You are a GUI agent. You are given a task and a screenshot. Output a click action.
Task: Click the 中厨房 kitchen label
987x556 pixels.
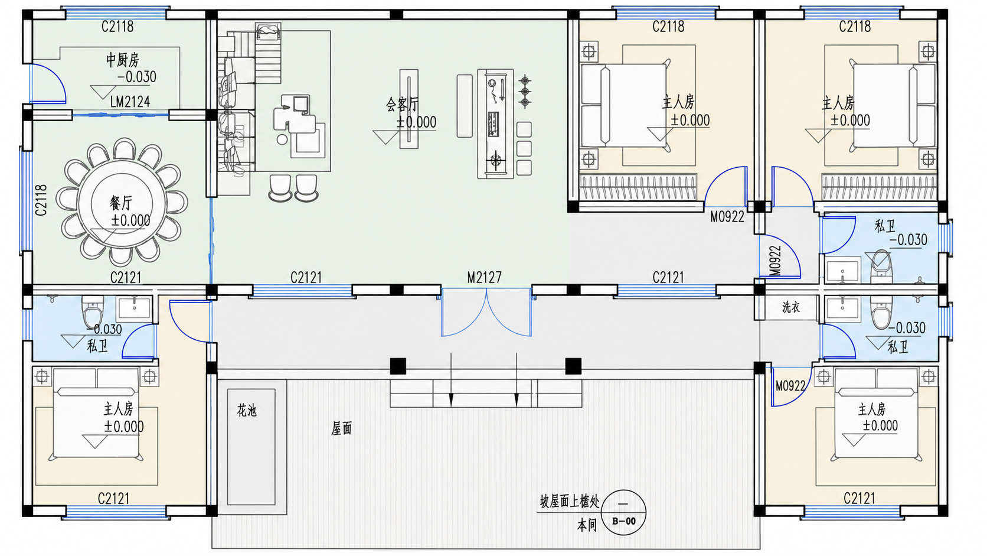123,60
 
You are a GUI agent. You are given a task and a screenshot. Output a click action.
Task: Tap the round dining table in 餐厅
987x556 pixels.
122,204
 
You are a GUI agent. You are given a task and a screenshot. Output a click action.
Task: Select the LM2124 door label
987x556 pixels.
130,102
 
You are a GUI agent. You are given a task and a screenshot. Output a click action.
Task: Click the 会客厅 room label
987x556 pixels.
402,105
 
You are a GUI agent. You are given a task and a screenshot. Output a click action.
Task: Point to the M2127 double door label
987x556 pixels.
484,277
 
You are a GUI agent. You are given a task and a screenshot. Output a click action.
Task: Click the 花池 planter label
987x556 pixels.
247,411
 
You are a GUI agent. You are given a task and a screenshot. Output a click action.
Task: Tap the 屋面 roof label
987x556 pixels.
341,428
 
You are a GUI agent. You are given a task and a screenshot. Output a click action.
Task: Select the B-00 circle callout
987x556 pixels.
623,512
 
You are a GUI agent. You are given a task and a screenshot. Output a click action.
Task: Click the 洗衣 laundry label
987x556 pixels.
791,307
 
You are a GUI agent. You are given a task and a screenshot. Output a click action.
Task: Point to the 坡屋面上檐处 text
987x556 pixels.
570,501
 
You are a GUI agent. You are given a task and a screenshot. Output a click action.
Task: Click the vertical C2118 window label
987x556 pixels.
41,200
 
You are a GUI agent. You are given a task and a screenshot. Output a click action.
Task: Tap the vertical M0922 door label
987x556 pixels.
776,260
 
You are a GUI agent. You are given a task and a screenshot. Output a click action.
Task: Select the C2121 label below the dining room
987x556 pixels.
126,278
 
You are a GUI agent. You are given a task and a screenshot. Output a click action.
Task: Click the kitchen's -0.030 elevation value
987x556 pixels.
136,77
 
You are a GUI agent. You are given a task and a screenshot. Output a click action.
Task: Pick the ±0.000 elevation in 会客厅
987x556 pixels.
416,122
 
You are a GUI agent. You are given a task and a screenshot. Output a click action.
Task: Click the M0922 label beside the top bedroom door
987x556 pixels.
727,216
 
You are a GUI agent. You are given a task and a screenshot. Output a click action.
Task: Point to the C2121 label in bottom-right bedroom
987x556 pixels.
859,499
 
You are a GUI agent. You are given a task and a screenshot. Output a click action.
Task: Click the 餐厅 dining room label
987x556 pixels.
121,203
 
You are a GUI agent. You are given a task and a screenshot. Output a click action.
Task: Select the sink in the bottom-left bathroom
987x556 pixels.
133,308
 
